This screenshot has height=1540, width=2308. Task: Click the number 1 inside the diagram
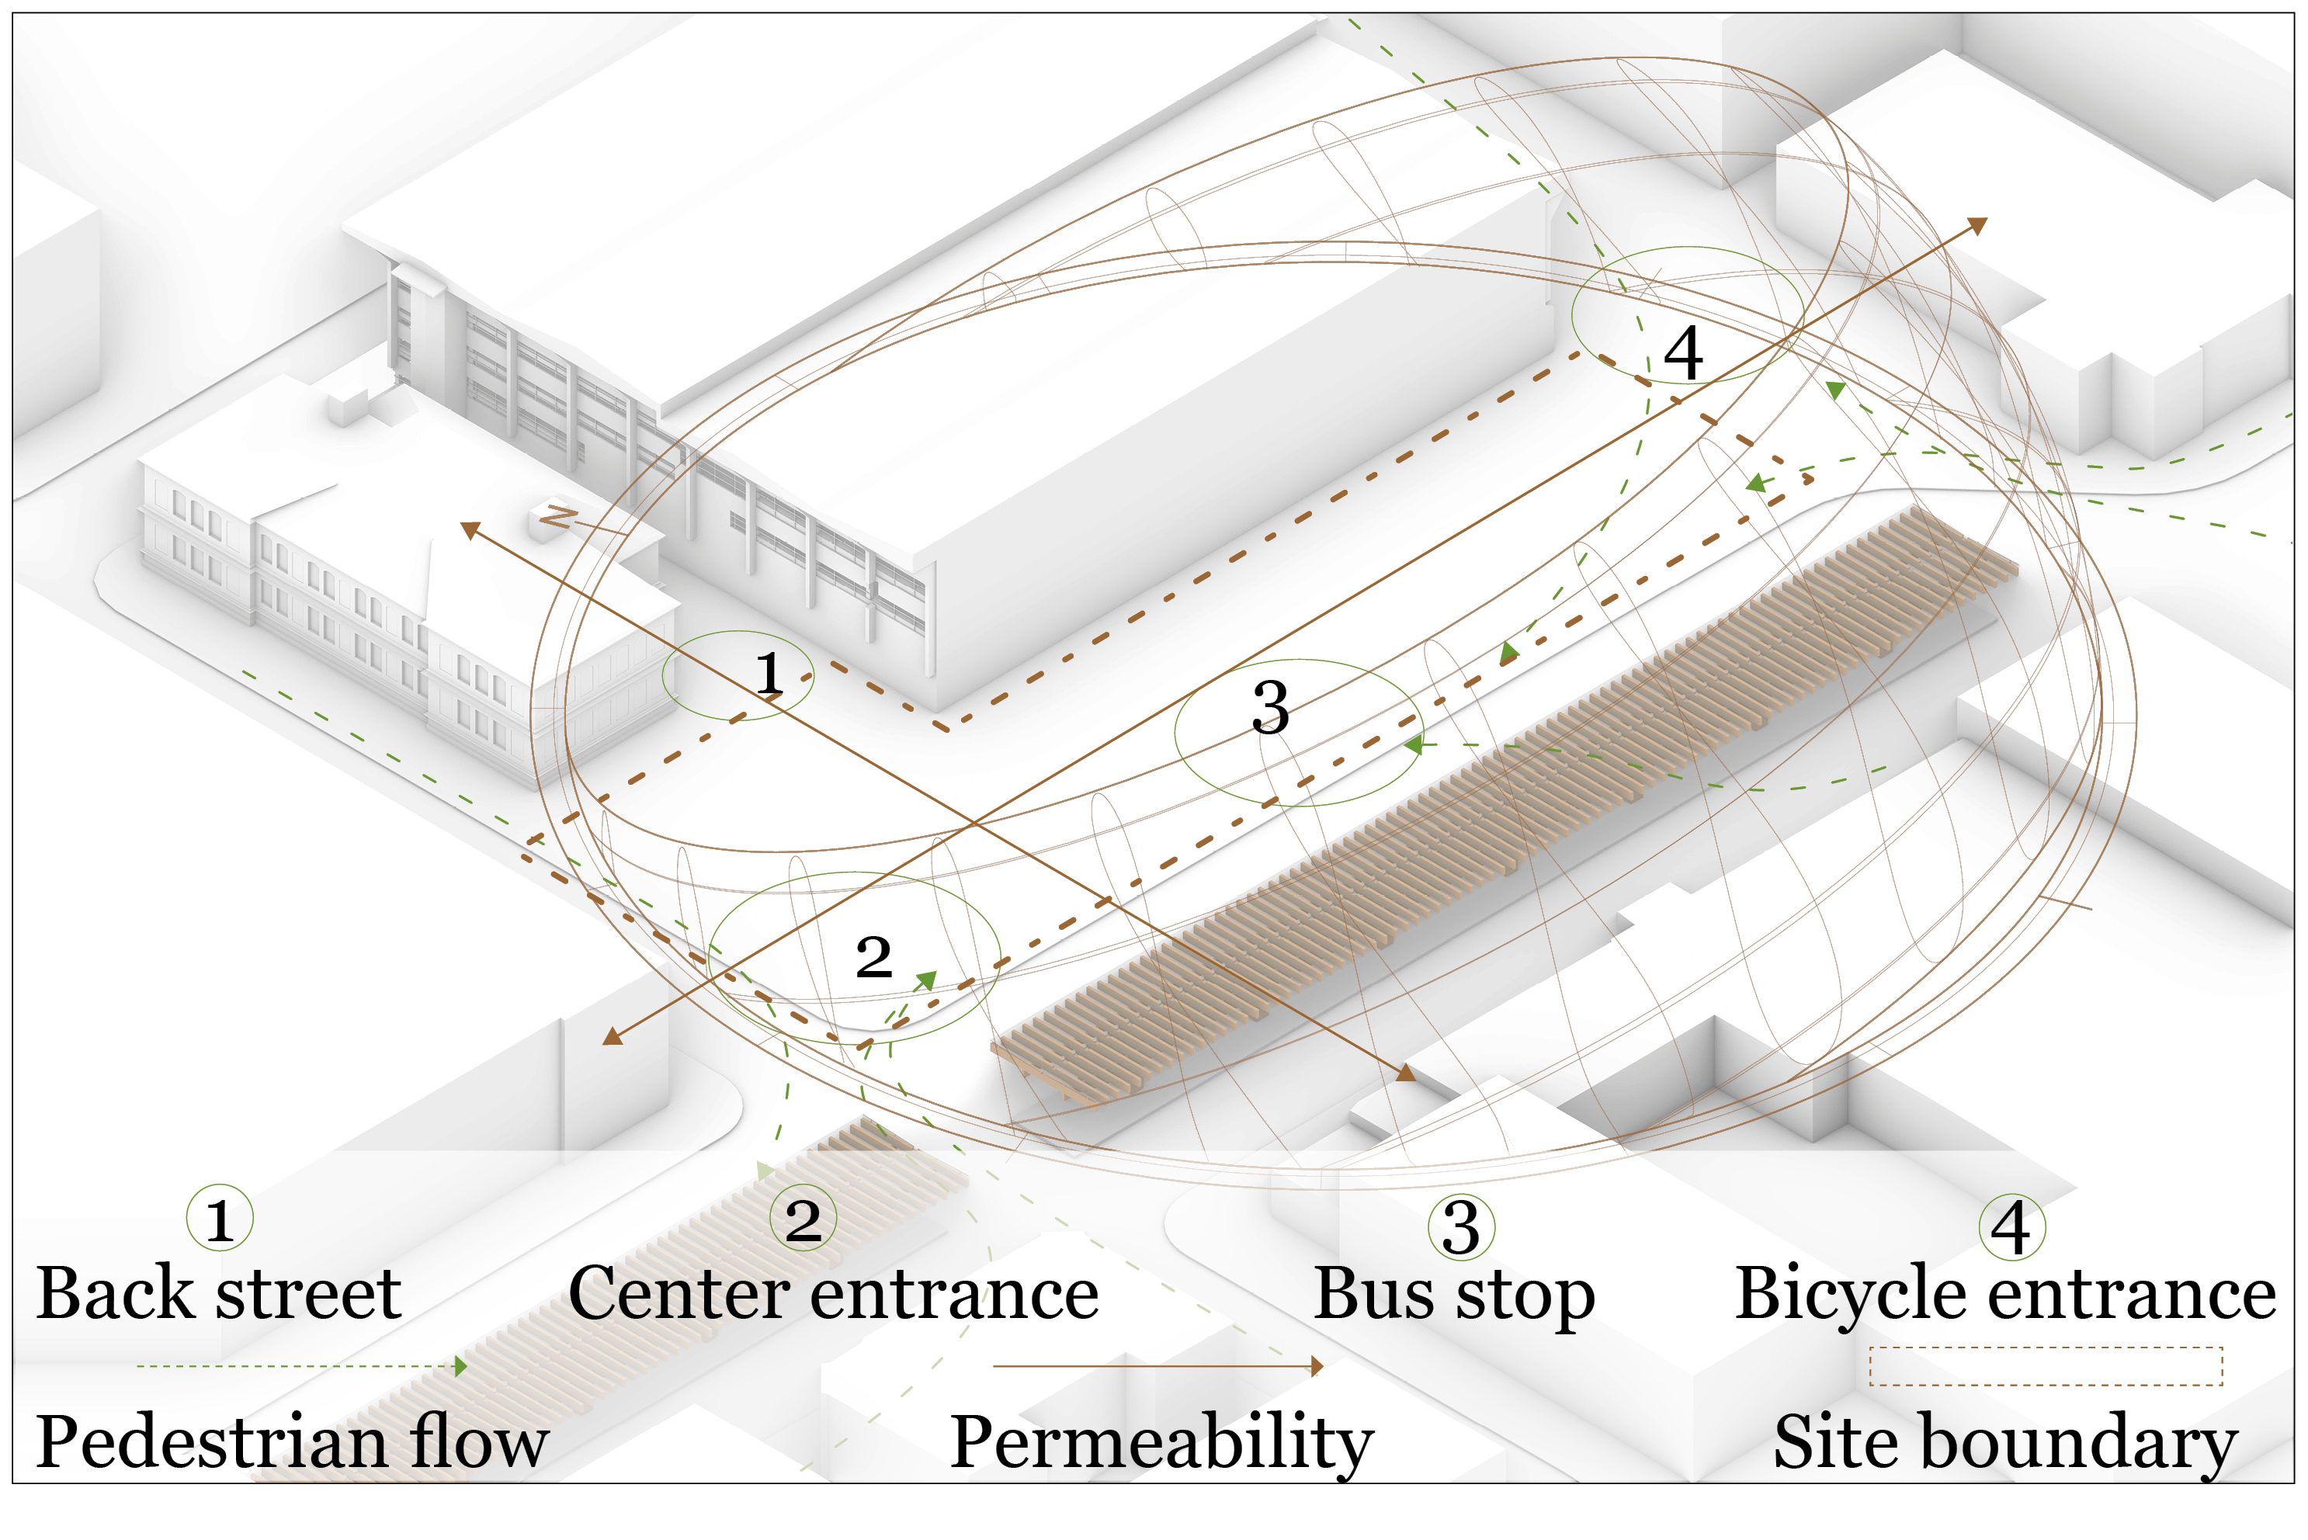point(769,674)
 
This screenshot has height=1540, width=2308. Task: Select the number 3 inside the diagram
point(1270,707)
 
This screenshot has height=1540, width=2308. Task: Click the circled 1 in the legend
point(220,1219)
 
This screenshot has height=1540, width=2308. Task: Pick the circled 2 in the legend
point(803,1219)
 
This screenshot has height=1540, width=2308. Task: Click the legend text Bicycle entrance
point(2005,1295)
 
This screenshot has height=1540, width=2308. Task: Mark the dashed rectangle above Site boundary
point(2045,1366)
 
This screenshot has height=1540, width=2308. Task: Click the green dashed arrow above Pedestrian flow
point(301,1366)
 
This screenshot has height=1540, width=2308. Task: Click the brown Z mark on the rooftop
point(557,517)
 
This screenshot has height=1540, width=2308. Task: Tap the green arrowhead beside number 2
point(925,980)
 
